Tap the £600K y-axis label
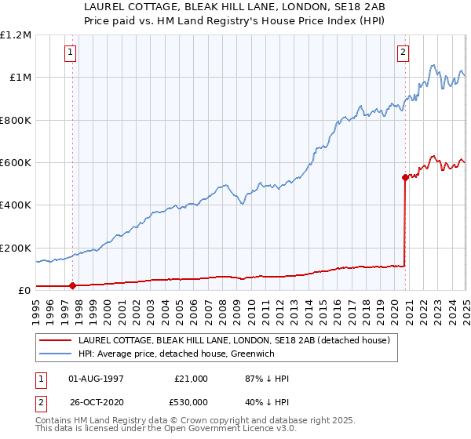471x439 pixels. click(16, 163)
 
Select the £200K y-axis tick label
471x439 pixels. click(16, 248)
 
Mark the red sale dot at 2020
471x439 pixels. click(405, 177)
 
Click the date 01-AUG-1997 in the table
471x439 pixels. click(96, 379)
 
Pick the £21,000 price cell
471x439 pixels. click(191, 379)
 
